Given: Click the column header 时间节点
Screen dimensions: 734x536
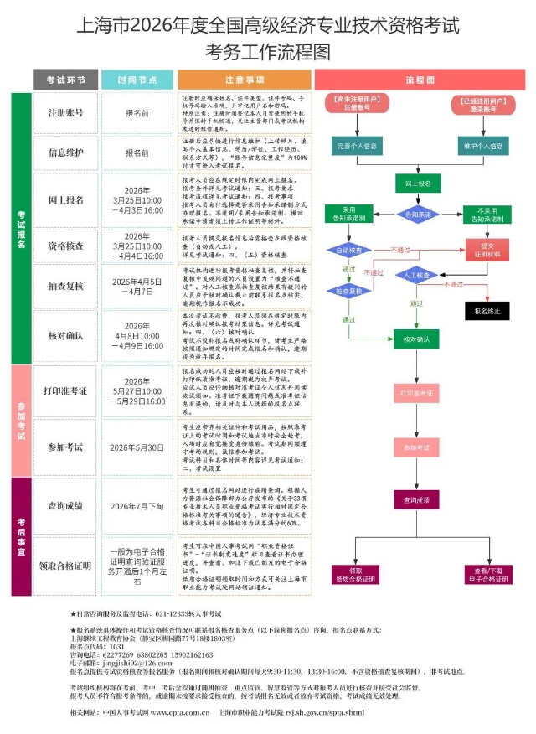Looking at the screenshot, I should [x=137, y=80].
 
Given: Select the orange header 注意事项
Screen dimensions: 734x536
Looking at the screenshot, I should [x=245, y=80].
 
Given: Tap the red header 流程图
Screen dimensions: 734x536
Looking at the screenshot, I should [x=420, y=80].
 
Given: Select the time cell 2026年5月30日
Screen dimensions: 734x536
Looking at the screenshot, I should [x=137, y=447].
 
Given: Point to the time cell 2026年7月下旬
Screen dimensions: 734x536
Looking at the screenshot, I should [x=137, y=506].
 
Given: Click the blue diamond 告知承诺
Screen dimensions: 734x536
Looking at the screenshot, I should [x=420, y=215].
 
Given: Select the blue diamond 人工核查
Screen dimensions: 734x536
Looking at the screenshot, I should [x=419, y=275].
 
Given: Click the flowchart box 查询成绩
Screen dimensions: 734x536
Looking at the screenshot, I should [x=420, y=500].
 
